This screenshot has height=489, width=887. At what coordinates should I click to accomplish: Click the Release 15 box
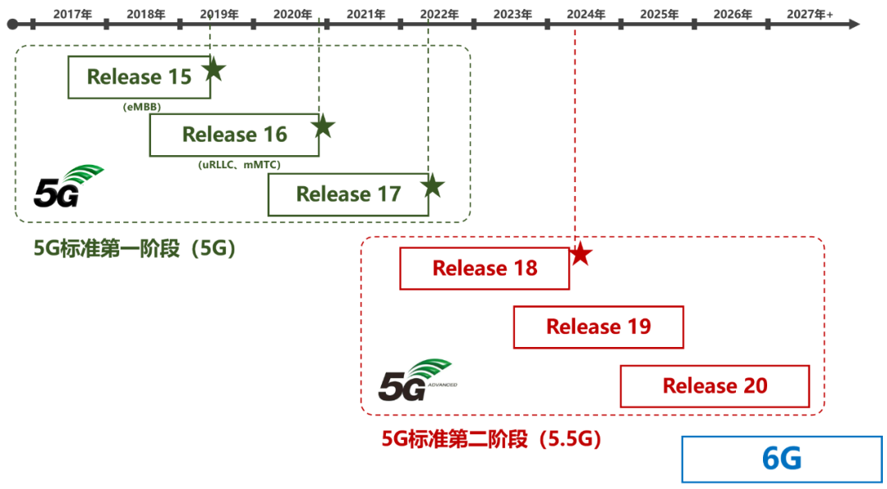point(139,77)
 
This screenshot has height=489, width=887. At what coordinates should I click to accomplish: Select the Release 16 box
point(234,135)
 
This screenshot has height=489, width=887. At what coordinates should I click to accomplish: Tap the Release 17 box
point(348,194)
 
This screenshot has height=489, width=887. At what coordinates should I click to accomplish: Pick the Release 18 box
point(485,268)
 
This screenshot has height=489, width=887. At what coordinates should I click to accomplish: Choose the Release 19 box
point(599,327)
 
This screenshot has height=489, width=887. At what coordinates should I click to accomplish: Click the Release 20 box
point(715,386)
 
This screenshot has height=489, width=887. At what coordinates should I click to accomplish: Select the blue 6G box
point(782,459)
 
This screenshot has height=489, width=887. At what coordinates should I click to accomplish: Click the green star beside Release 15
point(214,70)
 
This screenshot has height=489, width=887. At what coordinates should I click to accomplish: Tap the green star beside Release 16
point(323,126)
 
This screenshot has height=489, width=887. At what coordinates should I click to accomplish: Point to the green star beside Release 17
point(433,185)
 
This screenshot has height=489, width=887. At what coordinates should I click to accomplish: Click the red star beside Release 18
point(580,254)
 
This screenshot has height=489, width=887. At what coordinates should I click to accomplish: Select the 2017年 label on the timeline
point(72,14)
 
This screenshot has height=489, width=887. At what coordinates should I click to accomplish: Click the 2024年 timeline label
point(586,14)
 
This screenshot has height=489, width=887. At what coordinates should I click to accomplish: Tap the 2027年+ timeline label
point(810,14)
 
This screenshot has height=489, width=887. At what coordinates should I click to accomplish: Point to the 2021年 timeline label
point(366,14)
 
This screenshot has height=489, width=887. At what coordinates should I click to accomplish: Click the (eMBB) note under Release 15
point(142,107)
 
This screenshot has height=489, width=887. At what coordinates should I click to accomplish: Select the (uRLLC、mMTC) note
point(239,165)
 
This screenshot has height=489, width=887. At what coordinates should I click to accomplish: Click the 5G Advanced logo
point(417,379)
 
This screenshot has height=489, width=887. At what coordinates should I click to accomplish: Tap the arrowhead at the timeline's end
point(853,25)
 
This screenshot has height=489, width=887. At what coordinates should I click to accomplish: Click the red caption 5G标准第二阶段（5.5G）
point(491,439)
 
